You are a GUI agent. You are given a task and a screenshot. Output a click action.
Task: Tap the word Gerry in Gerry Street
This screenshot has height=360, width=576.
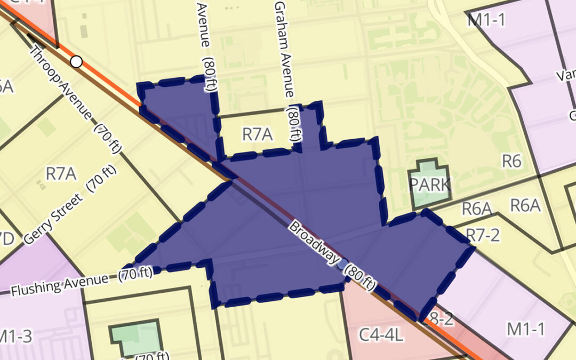tap(39, 230)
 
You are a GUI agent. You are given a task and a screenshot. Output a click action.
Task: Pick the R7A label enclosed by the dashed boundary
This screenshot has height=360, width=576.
tap(257, 134)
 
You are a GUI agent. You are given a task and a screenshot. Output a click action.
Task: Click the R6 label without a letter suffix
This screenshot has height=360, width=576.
tap(511, 161)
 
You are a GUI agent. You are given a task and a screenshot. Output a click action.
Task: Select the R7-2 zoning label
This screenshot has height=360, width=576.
tap(483, 235)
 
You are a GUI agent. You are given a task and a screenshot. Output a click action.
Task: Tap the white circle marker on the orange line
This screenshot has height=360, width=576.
tap(76, 62)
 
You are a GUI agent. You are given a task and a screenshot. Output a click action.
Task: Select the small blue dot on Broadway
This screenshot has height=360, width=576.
tap(342, 263)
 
